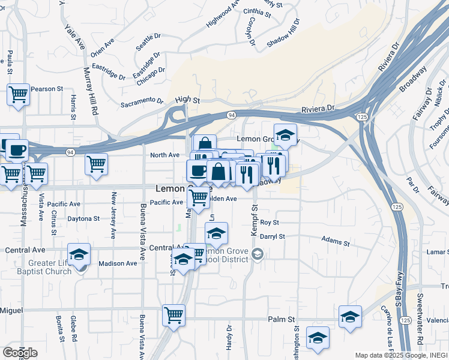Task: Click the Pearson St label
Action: [x=47, y=89]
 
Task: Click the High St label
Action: [x=187, y=100]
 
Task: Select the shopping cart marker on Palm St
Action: [x=173, y=314]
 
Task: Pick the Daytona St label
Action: [x=83, y=219]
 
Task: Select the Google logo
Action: [x=20, y=353]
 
